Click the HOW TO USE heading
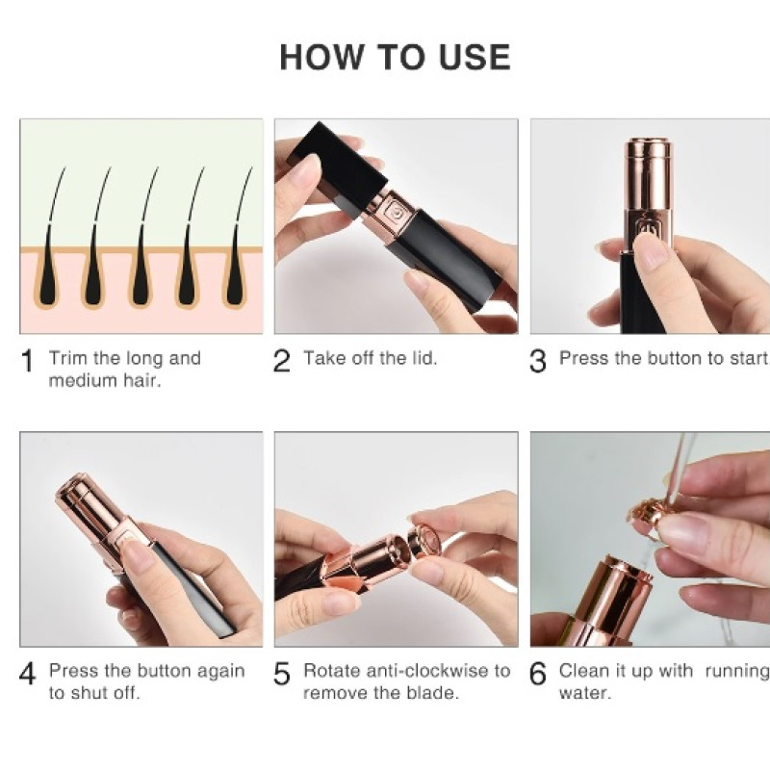(395, 57)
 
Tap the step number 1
(28, 361)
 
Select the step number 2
(281, 361)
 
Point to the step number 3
(538, 361)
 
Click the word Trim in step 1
(68, 358)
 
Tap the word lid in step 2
(423, 358)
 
